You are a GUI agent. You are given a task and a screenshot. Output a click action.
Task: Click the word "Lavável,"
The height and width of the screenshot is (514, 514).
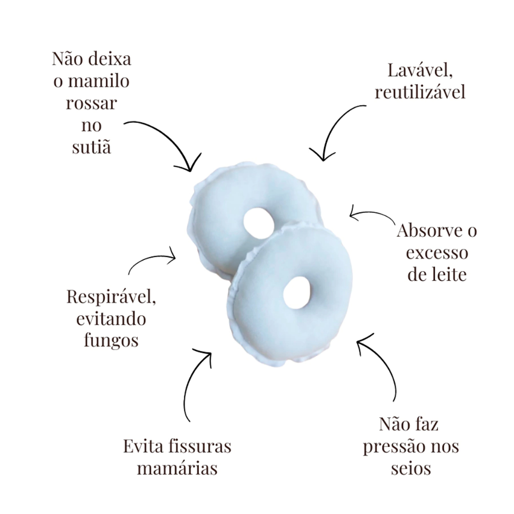(421, 71)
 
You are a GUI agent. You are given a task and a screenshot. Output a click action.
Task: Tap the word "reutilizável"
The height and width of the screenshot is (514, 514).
(420, 92)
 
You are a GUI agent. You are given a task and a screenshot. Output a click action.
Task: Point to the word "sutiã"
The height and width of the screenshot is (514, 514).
(91, 148)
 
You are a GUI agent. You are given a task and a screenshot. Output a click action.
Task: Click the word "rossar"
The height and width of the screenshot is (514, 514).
(91, 103)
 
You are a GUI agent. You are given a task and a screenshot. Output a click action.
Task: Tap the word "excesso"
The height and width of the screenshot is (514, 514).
(437, 253)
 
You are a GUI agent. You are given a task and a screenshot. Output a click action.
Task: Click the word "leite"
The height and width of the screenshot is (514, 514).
(449, 275)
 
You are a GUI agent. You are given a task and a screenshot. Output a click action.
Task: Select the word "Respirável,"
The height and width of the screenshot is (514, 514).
(111, 297)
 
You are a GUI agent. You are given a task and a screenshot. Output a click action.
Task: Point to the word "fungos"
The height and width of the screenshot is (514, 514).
(111, 340)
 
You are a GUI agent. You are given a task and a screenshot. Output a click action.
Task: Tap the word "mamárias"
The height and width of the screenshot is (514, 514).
(177, 468)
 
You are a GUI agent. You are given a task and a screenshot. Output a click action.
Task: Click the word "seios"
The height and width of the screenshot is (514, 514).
(411, 468)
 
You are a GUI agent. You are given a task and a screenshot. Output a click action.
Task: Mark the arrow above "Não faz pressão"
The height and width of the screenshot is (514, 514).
(381, 366)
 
